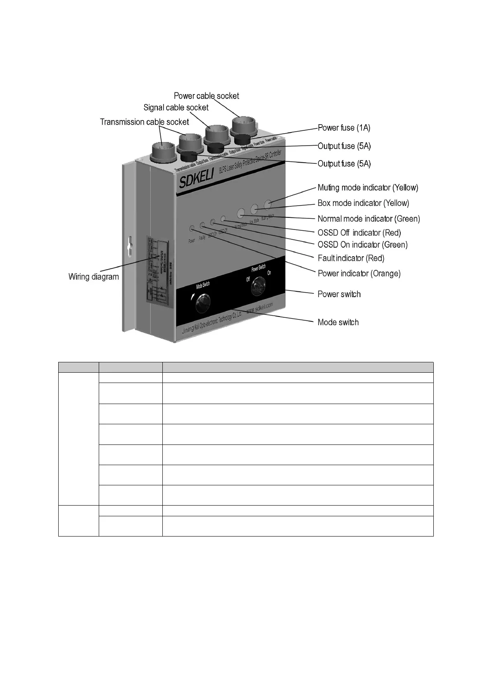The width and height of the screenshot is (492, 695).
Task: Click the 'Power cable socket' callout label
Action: [206, 96]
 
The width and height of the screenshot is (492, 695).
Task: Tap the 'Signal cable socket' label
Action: [176, 107]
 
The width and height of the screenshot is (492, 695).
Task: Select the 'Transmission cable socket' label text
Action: [144, 122]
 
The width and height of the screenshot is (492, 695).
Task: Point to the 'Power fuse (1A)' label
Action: [344, 128]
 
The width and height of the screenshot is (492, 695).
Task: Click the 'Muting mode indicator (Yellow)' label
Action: [368, 187]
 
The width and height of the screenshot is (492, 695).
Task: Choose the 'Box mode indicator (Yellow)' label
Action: [363, 203]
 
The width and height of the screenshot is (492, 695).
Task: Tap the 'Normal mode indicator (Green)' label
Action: [368, 219]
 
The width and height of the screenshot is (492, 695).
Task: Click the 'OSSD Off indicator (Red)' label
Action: [359, 233]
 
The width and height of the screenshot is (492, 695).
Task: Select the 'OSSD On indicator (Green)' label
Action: [362, 245]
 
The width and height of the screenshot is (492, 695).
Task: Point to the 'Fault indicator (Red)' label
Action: [351, 258]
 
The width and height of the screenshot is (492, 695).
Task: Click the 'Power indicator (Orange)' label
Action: [359, 273]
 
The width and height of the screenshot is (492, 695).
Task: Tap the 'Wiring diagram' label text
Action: [93, 277]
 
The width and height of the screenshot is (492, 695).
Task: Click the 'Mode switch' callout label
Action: [338, 322]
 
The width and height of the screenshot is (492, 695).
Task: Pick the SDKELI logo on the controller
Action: [196, 180]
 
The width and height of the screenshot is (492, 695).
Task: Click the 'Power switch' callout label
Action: [339, 294]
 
